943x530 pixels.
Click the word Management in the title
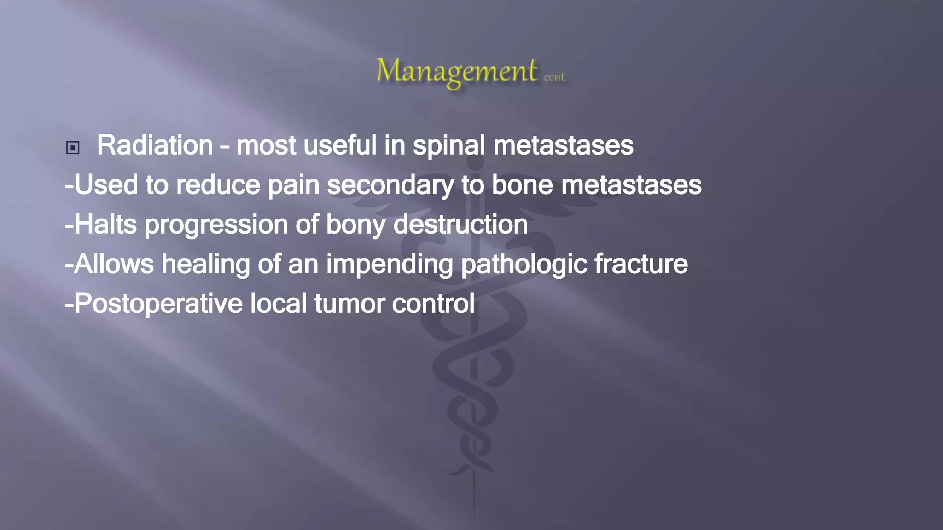tap(456, 71)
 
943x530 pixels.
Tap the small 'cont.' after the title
tap(555, 77)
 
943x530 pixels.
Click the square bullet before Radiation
tap(73, 148)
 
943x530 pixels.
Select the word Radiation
tap(155, 145)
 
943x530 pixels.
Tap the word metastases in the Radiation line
tap(563, 145)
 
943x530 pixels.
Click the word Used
tap(106, 185)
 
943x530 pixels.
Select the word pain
tap(294, 185)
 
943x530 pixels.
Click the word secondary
tap(390, 185)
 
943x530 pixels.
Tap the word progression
tap(216, 225)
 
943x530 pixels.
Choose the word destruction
tap(460, 225)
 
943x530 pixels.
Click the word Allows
tap(114, 264)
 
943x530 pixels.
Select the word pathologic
tap(524, 264)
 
